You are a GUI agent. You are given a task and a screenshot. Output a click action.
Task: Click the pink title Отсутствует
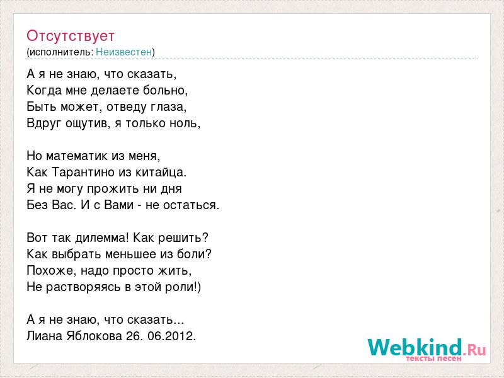(71, 36)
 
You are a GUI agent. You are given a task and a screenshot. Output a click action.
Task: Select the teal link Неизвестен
(123, 52)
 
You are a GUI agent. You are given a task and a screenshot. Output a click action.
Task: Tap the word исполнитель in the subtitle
(60, 52)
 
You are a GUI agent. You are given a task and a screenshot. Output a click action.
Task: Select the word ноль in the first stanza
(184, 123)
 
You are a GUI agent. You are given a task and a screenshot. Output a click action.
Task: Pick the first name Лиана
(44, 336)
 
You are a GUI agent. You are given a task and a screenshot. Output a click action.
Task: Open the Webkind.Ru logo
(427, 350)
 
